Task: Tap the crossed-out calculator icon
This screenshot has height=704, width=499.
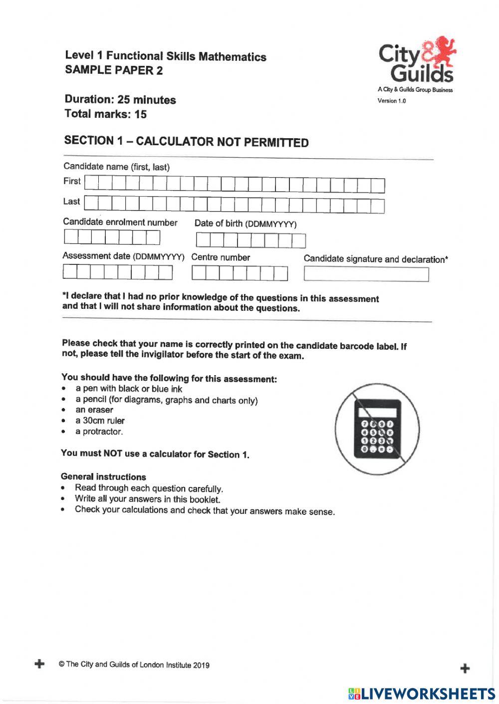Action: coord(377,429)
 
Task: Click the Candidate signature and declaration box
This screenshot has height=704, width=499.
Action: coord(366,274)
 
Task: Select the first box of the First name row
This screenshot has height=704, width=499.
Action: coord(91,183)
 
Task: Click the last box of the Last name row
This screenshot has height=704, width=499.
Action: coord(378,206)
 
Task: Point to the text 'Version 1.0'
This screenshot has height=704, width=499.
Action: coord(392,101)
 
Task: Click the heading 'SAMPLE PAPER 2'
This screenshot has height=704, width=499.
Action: coord(114,70)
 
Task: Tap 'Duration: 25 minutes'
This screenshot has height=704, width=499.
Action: coord(120,100)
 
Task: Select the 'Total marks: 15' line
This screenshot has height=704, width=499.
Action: coord(106,114)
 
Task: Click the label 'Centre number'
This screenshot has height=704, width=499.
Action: coord(221,257)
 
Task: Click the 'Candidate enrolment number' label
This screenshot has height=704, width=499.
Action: coord(120,223)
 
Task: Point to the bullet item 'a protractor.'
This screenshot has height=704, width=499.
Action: coord(99,432)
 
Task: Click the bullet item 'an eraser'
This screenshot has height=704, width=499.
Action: coord(94,410)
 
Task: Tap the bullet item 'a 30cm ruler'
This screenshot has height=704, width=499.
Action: coord(100,421)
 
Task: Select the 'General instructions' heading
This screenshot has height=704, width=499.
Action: coord(103,476)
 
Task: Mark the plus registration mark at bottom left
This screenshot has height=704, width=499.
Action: coord(39,664)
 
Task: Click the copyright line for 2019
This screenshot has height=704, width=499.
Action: coord(134,665)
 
